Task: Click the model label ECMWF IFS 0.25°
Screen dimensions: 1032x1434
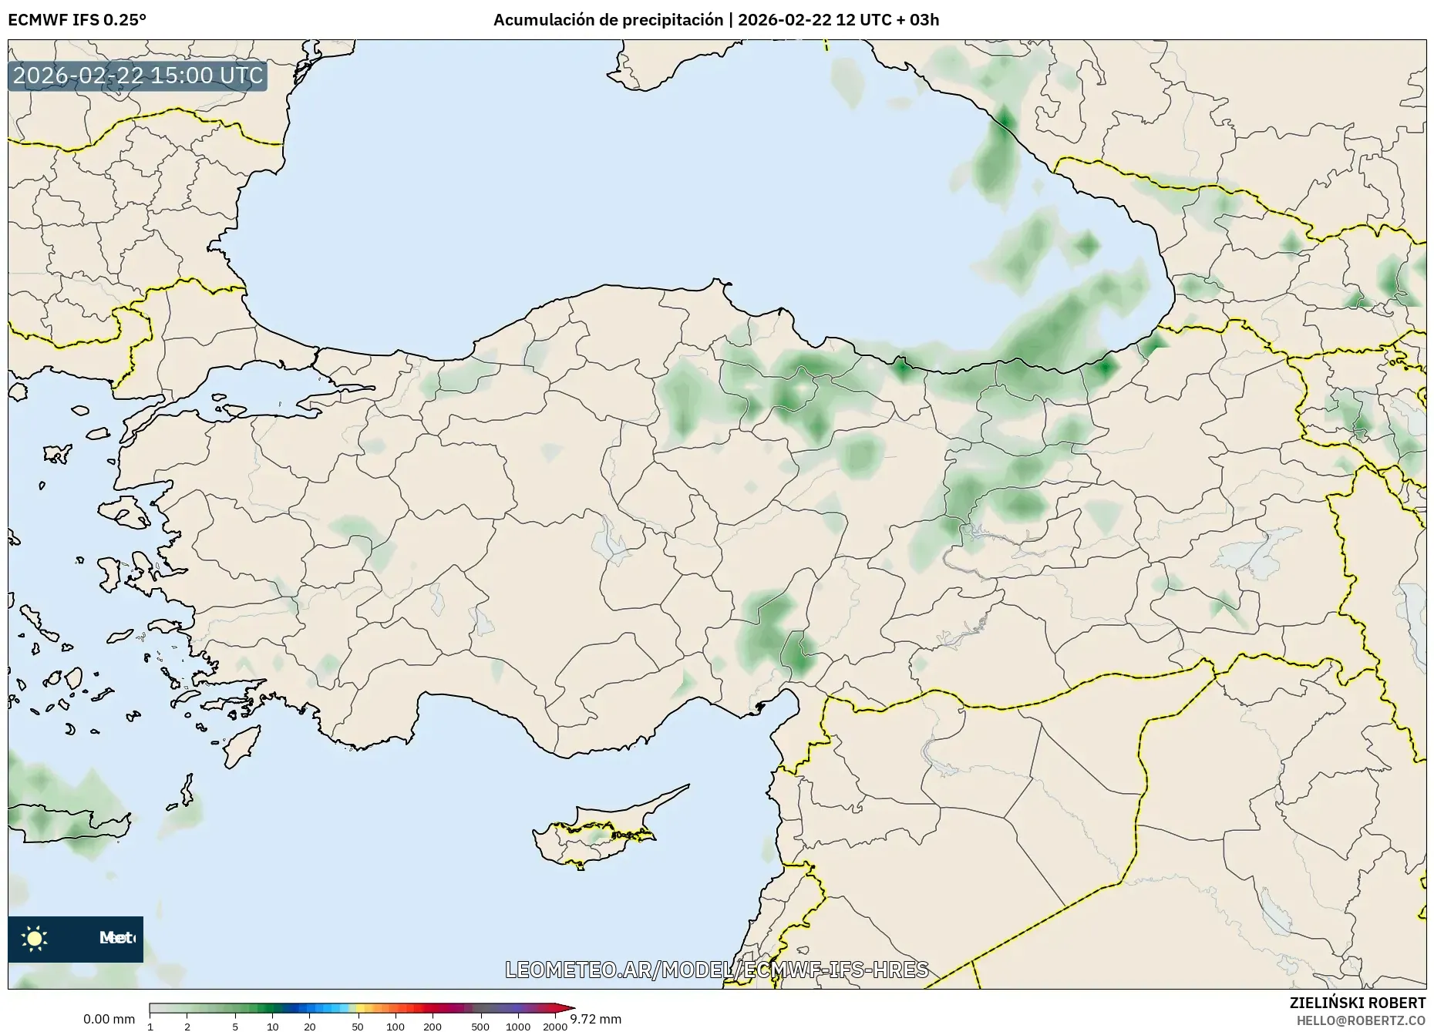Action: (77, 20)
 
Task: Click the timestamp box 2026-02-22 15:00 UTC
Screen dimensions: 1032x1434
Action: (138, 76)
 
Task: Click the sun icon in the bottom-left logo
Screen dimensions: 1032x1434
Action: (35, 938)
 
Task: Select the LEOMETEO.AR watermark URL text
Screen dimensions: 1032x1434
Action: (716, 970)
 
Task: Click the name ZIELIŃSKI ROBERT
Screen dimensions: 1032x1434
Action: (1357, 1003)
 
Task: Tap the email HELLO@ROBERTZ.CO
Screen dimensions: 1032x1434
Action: (1361, 1020)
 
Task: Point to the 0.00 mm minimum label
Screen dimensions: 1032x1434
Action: (109, 1019)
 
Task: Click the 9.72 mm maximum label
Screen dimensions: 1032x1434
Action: (595, 1019)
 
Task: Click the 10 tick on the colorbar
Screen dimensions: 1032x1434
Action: (272, 1026)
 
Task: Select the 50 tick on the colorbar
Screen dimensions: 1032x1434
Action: (357, 1026)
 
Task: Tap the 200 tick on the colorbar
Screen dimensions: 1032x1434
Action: (433, 1026)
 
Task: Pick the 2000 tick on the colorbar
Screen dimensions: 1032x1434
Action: (555, 1026)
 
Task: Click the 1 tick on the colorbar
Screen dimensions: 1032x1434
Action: (150, 1026)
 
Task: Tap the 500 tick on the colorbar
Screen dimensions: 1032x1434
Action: (480, 1026)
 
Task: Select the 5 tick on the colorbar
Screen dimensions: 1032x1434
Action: (235, 1026)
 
